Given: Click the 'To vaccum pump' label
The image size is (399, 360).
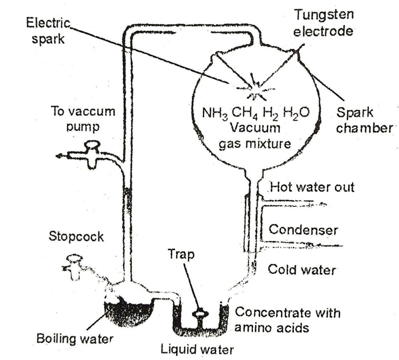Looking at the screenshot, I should click(84, 119).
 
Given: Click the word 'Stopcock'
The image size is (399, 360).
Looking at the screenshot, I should click(76, 236).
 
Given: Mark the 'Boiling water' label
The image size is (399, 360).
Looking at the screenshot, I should click(75, 337).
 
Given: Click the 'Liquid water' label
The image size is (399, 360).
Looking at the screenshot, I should click(198, 349).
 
